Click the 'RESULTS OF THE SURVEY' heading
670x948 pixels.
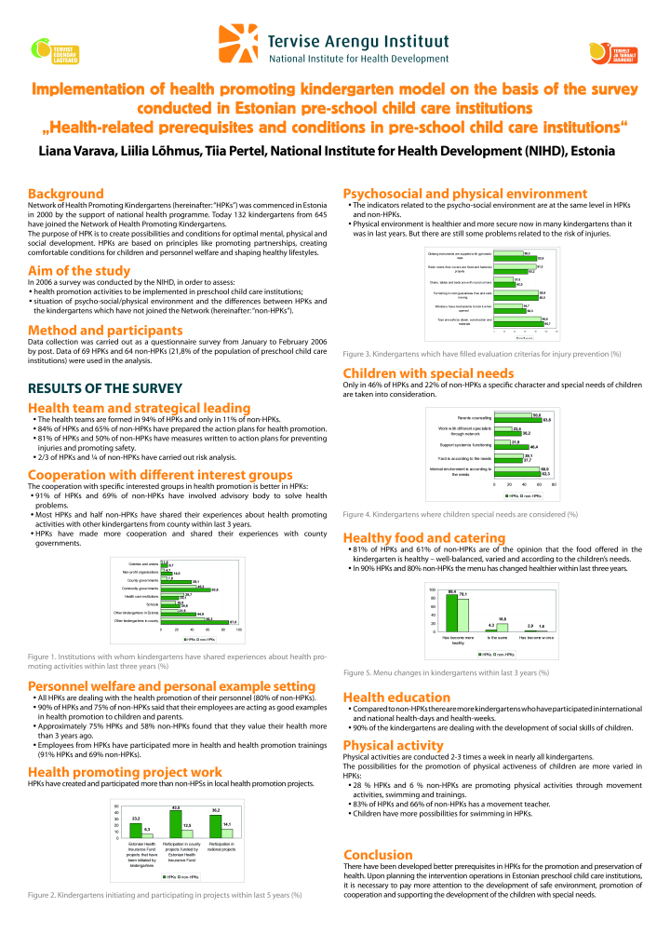click(x=91, y=387)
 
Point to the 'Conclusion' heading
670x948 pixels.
click(x=378, y=855)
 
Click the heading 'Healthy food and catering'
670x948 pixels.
click(x=424, y=537)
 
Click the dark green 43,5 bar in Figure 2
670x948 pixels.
click(x=175, y=823)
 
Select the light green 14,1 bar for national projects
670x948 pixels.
click(x=227, y=832)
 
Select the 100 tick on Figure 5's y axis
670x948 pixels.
click(x=432, y=590)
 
